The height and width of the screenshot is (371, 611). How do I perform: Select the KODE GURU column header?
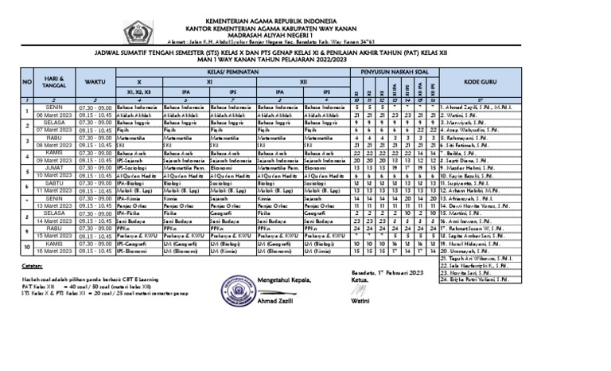(x=482, y=81)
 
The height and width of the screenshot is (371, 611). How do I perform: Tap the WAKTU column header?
(x=95, y=81)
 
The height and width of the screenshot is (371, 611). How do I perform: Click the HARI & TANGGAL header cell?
(x=54, y=81)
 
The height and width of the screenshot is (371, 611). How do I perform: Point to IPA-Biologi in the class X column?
(x=130, y=182)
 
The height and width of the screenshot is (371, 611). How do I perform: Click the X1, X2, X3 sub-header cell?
(x=138, y=92)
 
